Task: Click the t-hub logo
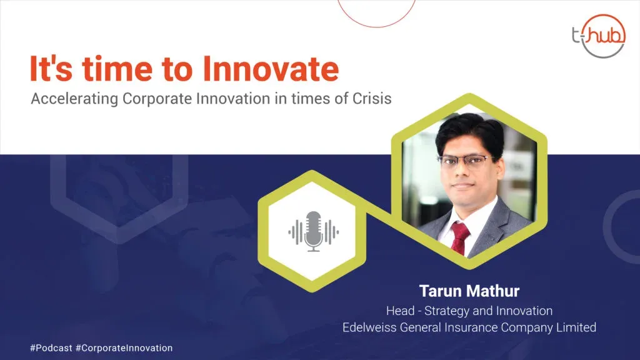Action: (599, 36)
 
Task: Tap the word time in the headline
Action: (117, 69)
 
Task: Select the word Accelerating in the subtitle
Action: (75, 99)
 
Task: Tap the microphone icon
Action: (314, 231)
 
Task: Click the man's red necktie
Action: (459, 238)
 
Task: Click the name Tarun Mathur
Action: (469, 291)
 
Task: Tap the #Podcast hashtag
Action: (51, 348)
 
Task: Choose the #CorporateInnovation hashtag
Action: (124, 348)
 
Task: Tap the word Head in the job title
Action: (400, 311)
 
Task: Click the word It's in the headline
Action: (51, 69)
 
